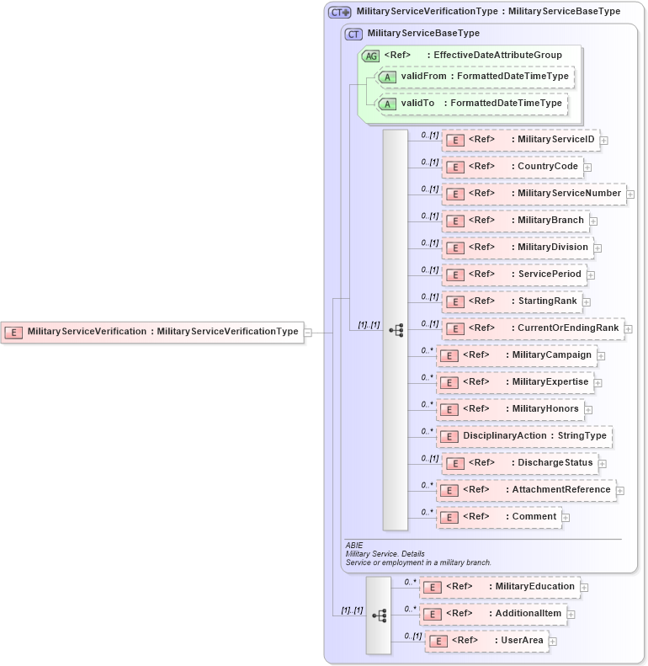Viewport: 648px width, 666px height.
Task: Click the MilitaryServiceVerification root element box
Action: [x=151, y=332]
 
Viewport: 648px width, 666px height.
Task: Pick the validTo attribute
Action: [x=471, y=104]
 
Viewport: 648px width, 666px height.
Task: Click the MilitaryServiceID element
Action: [x=520, y=140]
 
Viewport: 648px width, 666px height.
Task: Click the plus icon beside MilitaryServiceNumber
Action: [x=630, y=194]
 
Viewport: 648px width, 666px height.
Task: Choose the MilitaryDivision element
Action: [x=517, y=248]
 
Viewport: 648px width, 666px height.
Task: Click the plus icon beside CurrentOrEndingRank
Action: [x=628, y=328]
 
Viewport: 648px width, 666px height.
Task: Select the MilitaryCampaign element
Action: [x=516, y=355]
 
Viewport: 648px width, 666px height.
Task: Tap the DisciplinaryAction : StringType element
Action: [x=523, y=436]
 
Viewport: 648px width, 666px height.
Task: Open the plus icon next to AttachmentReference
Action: [x=620, y=490]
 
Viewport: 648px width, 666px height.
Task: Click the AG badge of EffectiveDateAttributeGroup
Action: [x=370, y=56]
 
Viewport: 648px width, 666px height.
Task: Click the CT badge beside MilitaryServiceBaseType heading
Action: [x=354, y=34]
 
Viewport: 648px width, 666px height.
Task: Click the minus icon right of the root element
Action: [x=308, y=333]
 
